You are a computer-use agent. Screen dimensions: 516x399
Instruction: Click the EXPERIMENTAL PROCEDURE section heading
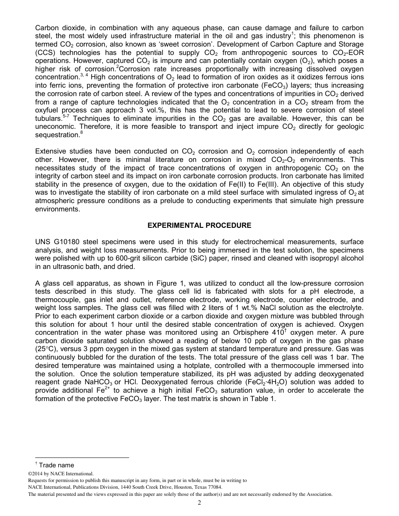click(x=199, y=225)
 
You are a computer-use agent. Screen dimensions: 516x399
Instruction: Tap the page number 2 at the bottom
click(x=199, y=503)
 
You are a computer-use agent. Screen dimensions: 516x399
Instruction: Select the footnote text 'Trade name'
click(x=56, y=465)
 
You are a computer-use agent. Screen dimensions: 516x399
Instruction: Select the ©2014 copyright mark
click(x=36, y=474)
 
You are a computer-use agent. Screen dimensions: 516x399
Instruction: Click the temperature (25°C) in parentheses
click(x=48, y=349)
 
